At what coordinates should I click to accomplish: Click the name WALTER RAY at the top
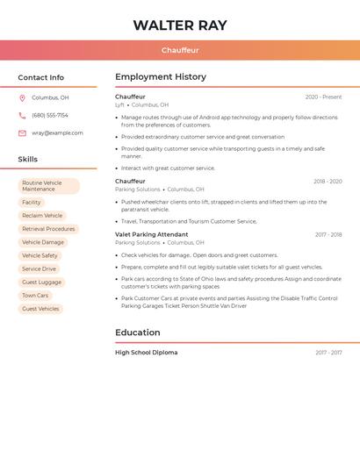point(180,25)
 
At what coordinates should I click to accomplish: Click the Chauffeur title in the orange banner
point(180,51)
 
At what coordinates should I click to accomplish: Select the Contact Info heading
point(41,77)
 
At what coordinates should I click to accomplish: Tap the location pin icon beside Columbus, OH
point(22,98)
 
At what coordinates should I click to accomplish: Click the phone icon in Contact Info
point(22,116)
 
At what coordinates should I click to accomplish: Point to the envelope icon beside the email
point(22,133)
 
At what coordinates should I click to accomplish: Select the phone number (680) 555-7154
point(50,116)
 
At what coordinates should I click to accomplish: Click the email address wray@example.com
point(57,133)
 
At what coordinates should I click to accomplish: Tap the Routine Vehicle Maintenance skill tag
point(49,186)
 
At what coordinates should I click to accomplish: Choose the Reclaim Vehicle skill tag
point(42,216)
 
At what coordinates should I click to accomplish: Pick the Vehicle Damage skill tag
point(43,242)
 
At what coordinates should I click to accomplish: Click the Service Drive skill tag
point(39,269)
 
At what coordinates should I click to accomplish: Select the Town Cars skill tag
point(35,296)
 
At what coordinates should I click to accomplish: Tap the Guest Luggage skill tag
point(42,283)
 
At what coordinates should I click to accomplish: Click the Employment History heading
point(161,77)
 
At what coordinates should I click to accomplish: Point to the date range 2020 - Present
point(323,97)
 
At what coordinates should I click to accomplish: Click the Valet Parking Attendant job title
point(151,235)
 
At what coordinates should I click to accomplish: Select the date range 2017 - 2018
point(328,235)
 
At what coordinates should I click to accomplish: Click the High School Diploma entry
point(146,353)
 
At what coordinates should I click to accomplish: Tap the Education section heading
point(138,333)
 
